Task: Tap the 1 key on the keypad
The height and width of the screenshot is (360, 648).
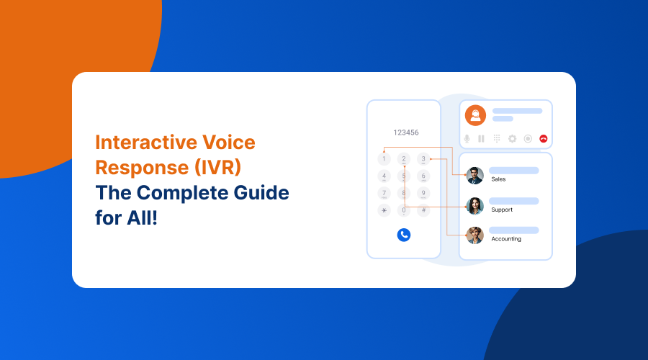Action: [384, 159]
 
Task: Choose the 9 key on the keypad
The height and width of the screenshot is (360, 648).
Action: [423, 193]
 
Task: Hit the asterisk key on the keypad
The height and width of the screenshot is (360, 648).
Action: [384, 210]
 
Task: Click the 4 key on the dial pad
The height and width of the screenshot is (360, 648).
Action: [384, 176]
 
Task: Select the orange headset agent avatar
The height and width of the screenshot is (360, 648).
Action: [474, 115]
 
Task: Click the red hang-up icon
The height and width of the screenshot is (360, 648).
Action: [544, 138]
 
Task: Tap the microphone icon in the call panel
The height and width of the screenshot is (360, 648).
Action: [467, 138]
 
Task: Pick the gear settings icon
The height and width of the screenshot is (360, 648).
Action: [513, 138]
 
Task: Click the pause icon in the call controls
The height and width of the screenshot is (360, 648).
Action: [481, 138]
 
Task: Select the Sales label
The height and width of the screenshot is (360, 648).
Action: [498, 179]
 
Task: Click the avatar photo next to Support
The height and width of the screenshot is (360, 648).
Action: [474, 206]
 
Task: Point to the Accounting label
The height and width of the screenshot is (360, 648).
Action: [506, 239]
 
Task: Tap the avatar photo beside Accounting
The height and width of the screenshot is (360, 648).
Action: [474, 235]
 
